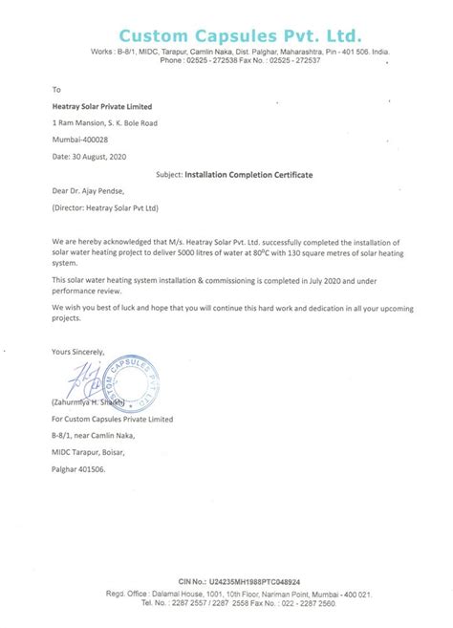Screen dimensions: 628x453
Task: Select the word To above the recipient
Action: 56,87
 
